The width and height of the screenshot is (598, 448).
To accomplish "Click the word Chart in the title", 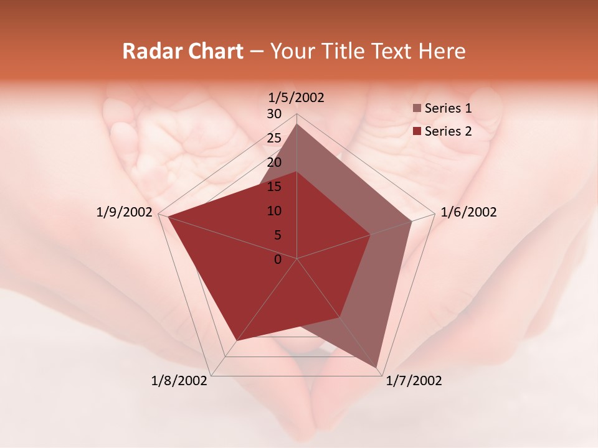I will [x=211, y=51].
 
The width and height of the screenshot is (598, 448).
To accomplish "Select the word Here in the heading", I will [x=442, y=51].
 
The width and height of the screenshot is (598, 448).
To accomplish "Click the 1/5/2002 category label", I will [x=297, y=97].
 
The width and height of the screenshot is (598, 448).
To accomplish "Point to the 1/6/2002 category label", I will [x=468, y=212].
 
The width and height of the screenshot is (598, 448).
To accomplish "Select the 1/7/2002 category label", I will [x=414, y=380].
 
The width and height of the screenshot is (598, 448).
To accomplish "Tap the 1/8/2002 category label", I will [x=179, y=380].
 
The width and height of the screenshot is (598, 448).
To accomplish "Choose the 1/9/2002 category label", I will [x=125, y=212].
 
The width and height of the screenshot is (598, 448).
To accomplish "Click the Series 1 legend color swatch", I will [x=417, y=109].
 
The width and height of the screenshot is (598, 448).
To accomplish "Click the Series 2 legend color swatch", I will [x=417, y=131].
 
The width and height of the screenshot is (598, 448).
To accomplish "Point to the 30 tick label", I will [x=274, y=114].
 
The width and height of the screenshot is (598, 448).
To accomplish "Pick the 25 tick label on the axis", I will [x=274, y=138].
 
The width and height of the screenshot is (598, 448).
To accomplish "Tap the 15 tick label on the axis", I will [x=274, y=187].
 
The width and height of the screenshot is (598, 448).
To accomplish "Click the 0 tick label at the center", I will [x=278, y=259].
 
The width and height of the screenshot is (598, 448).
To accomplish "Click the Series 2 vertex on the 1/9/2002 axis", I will [x=168, y=217].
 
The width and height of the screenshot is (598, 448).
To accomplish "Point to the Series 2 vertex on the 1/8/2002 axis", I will [x=236, y=341].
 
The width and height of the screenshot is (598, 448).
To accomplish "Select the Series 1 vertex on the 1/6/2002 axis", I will [x=412, y=221].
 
